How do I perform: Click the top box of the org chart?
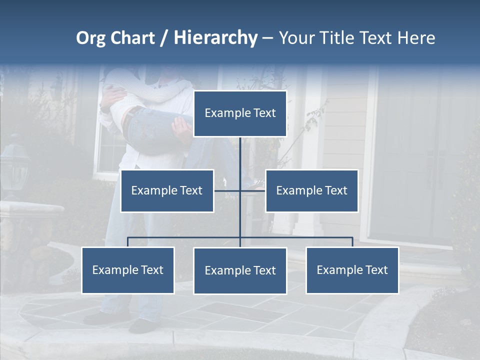point(240,113)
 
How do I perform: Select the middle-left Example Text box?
point(167,191)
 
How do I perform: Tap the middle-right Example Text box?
point(311,191)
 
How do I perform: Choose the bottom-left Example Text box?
point(128,270)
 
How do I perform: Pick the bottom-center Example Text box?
point(240,271)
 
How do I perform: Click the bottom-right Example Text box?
point(352,270)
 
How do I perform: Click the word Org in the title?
point(90,38)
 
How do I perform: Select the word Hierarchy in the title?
point(215,38)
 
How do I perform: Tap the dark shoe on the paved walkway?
point(142,325)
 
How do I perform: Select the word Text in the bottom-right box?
point(376,270)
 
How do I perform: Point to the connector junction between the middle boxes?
point(240,190)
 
